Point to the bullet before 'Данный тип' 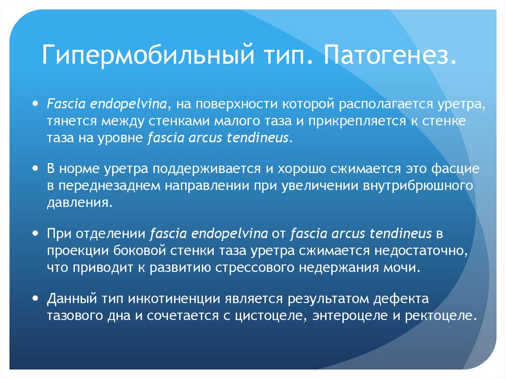click(35, 298)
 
